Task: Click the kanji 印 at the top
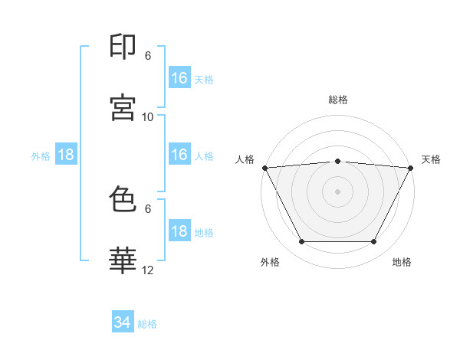tap(123, 47)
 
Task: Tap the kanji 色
tap(123, 200)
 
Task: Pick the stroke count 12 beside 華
tap(148, 270)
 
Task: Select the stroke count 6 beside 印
tap(148, 56)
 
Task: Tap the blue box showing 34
tap(123, 322)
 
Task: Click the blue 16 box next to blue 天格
tap(179, 78)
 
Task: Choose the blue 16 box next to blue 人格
tap(179, 155)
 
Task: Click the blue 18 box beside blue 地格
tap(179, 231)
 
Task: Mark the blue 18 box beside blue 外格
tap(67, 155)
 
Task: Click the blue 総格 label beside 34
tap(147, 324)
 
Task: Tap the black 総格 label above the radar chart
tap(337, 100)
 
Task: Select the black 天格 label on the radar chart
tap(432, 159)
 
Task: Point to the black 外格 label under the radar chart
tap(270, 262)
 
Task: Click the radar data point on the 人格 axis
tap(264, 167)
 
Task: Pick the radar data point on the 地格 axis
tap(374, 242)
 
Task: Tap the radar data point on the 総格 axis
tap(337, 161)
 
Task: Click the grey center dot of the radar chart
tap(337, 191)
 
